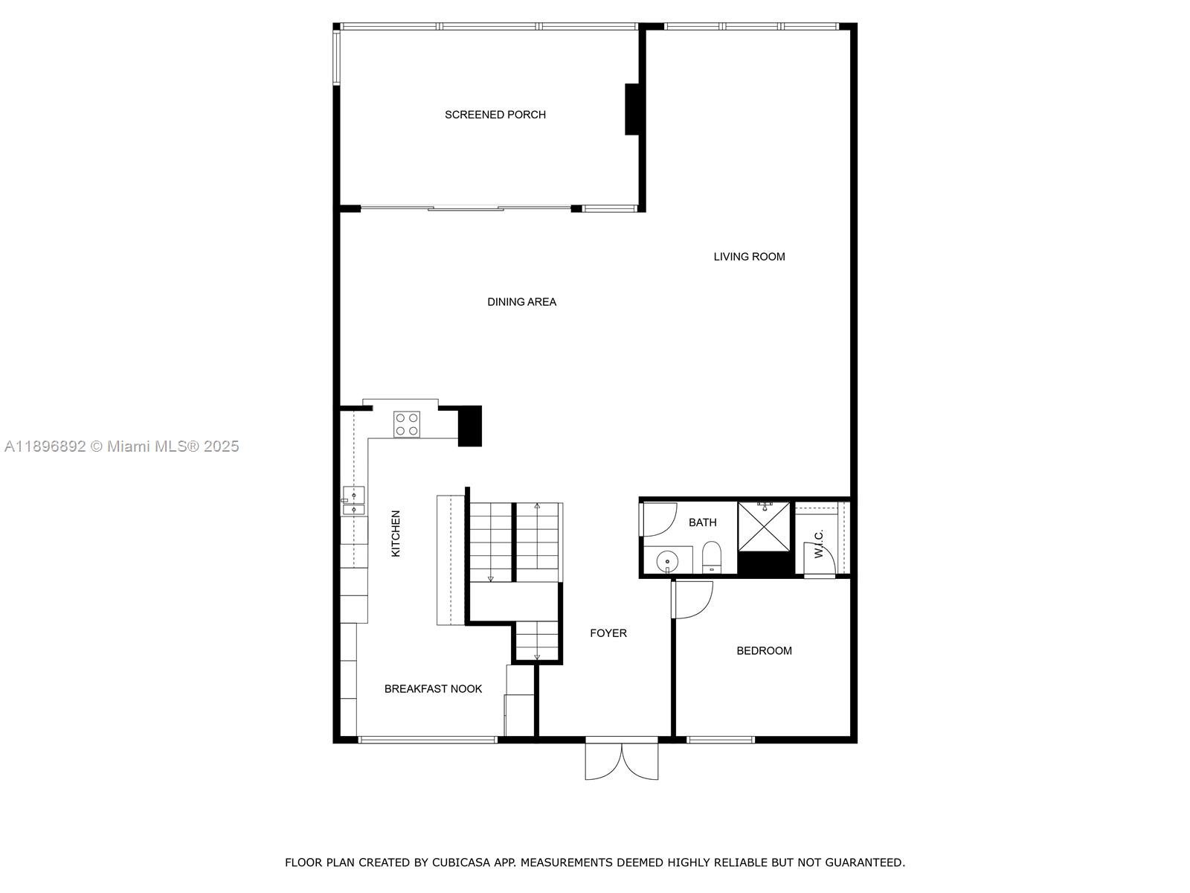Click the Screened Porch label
pyautogui.click(x=495, y=115)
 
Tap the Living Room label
pyautogui.click(x=749, y=257)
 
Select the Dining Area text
pyautogui.click(x=521, y=302)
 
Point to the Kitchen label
pyautogui.click(x=396, y=534)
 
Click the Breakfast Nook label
pyautogui.click(x=433, y=689)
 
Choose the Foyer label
pyautogui.click(x=608, y=633)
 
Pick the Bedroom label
pyautogui.click(x=764, y=651)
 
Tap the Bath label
pyautogui.click(x=702, y=522)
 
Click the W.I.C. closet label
pyautogui.click(x=819, y=544)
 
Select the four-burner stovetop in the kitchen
pyautogui.click(x=407, y=424)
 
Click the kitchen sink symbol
pyautogui.click(x=354, y=502)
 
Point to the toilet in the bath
pyautogui.click(x=712, y=557)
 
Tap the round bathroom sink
pyautogui.click(x=667, y=560)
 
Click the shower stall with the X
pyautogui.click(x=764, y=527)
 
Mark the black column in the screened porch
pyautogui.click(x=633, y=109)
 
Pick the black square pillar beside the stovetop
pyautogui.click(x=469, y=426)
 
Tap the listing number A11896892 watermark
pyautogui.click(x=45, y=446)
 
